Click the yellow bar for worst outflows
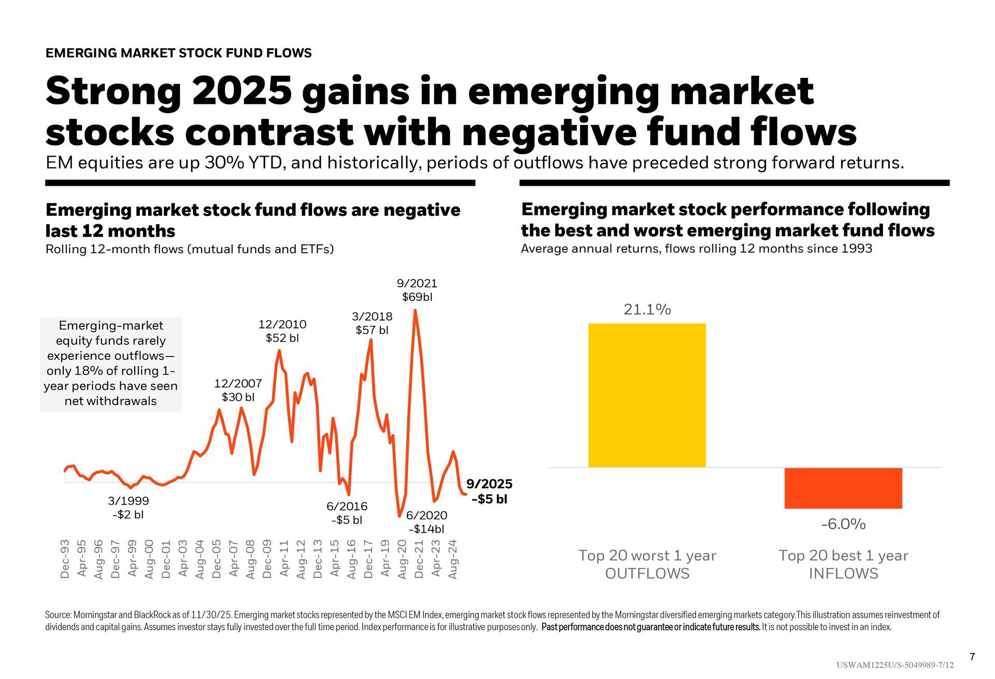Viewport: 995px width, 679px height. tap(647, 395)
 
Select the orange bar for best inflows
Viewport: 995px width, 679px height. tap(843, 488)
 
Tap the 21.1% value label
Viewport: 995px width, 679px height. tap(647, 310)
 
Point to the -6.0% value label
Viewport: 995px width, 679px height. tap(843, 524)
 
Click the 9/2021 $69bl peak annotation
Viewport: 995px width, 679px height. tap(417, 290)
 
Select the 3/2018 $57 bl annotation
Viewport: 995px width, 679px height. tap(372, 323)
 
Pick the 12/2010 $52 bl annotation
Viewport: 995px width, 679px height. tap(282, 331)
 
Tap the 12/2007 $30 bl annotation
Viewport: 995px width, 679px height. tap(238, 390)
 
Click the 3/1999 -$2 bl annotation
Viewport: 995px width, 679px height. tap(128, 507)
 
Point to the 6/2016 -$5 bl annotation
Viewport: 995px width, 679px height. tap(347, 513)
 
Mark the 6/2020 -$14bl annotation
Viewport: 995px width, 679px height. tap(426, 522)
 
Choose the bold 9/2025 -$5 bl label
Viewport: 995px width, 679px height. tap(489, 491)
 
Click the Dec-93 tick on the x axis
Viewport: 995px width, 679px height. tap(65, 559)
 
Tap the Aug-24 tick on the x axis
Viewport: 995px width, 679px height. tap(453, 559)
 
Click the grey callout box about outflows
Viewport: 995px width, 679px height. tap(110, 364)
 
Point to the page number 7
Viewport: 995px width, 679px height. tap(972, 657)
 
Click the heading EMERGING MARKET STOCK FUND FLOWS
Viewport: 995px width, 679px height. tap(179, 53)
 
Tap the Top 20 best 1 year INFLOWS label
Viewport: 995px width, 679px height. tap(843, 564)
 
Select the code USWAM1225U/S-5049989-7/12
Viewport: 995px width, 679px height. tap(894, 666)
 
